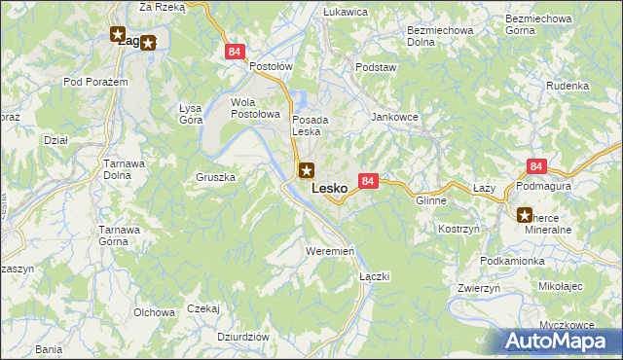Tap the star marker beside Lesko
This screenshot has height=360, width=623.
click(307, 172)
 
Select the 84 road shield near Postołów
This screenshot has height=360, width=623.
click(233, 53)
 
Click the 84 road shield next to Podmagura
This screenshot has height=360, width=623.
click(536, 167)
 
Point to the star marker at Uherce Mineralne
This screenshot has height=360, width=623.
click(524, 215)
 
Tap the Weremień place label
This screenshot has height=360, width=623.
click(329, 250)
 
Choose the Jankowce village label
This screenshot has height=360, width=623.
click(394, 116)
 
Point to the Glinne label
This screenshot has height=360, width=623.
click(430, 199)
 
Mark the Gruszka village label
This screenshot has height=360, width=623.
click(216, 178)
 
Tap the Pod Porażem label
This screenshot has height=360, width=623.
click(96, 82)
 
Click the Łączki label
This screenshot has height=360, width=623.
click(375, 276)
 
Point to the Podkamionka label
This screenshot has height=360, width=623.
click(513, 262)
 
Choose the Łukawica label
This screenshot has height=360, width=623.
click(345, 12)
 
